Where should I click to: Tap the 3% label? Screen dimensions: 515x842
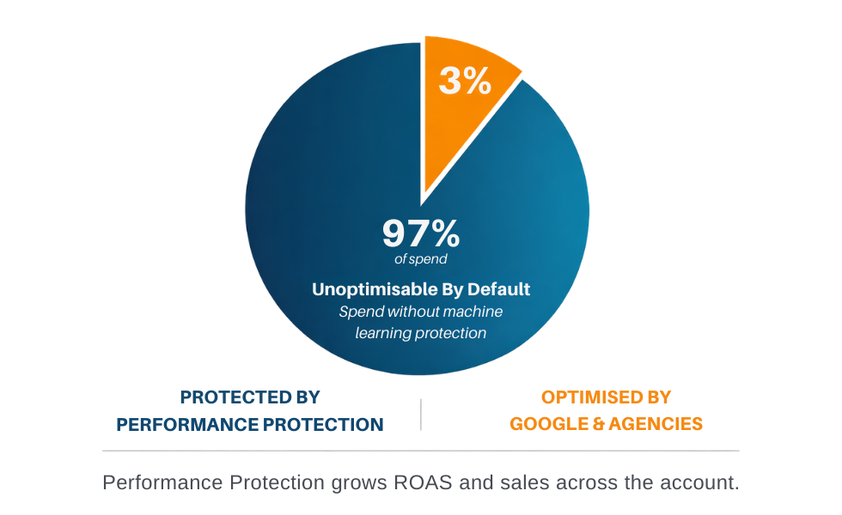(465, 81)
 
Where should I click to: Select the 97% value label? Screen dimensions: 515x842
(421, 233)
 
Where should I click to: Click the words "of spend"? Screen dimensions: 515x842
(421, 258)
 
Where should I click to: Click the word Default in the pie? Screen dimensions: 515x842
(501, 289)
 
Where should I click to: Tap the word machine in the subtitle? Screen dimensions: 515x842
(473, 311)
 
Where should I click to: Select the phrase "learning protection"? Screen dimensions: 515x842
(421, 332)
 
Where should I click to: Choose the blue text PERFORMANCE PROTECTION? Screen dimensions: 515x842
(250, 424)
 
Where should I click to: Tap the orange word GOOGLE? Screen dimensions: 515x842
(548, 424)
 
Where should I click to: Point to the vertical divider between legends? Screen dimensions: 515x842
(420, 414)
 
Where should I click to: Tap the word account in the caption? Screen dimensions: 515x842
(701, 482)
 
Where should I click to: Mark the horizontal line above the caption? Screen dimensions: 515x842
(420, 451)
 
